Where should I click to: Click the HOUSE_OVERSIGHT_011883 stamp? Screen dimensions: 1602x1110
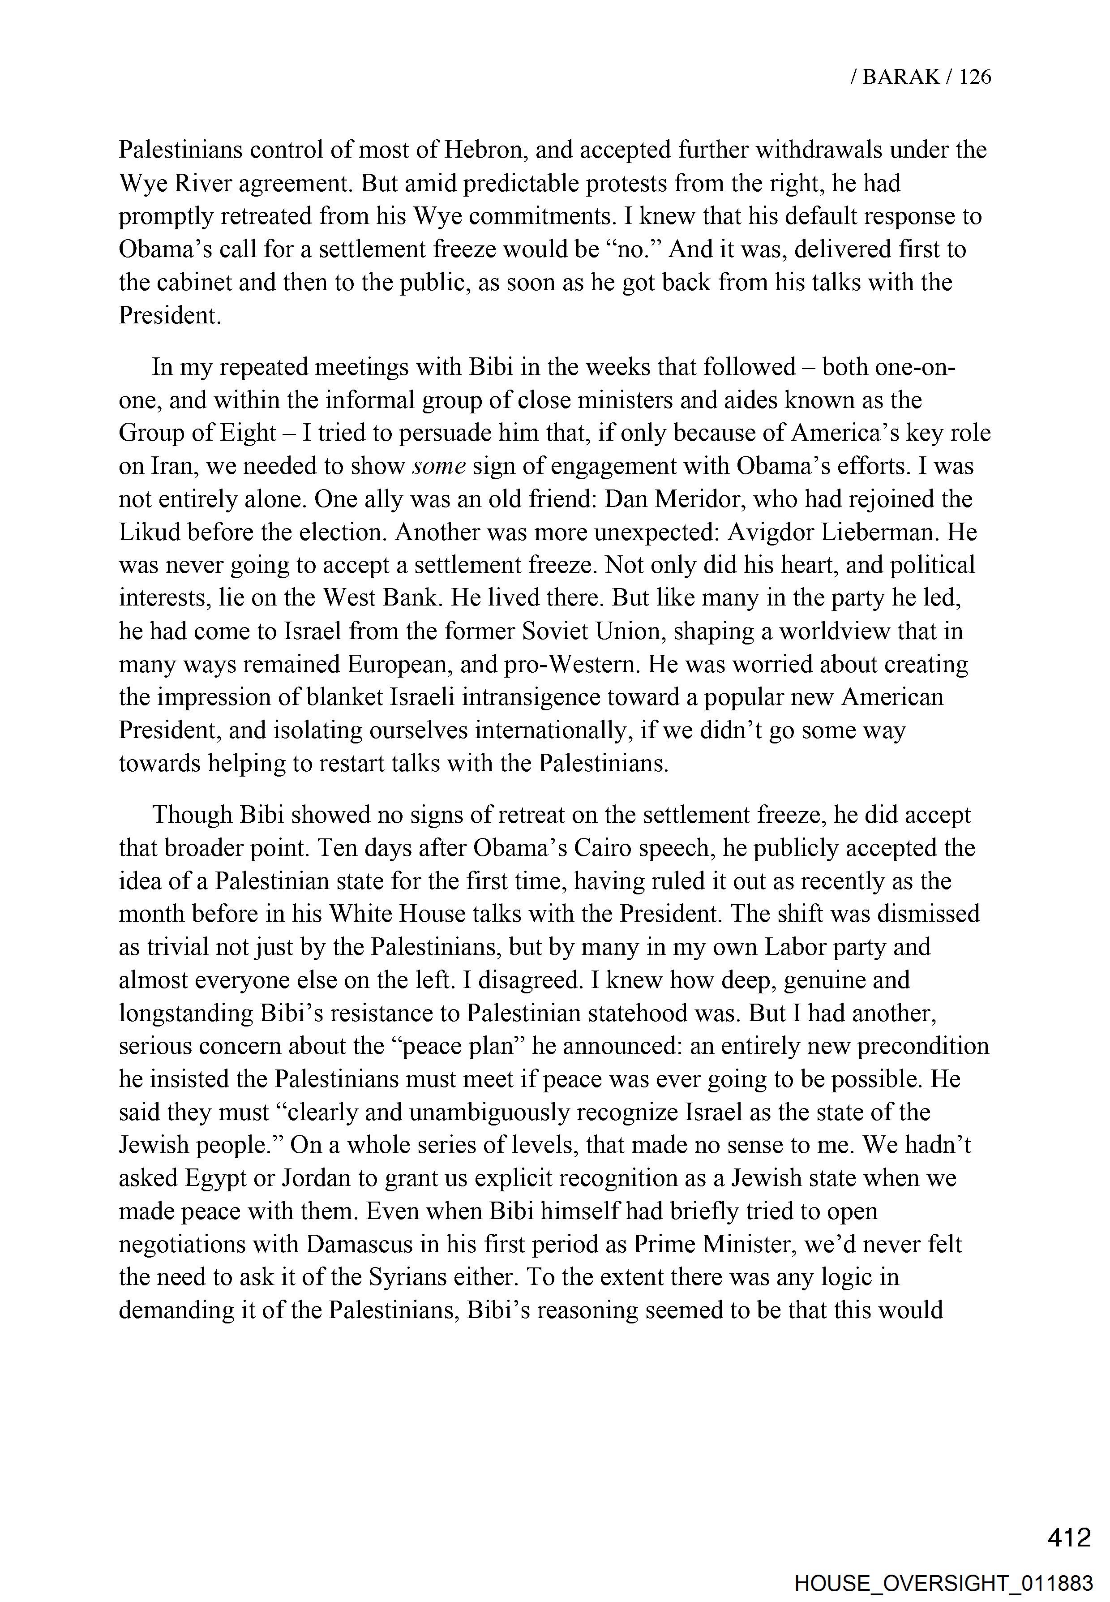pos(944,1583)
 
